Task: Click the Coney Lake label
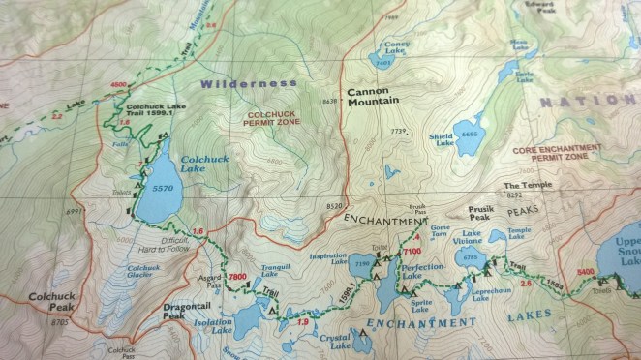(396, 47)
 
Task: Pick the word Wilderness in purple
(249, 84)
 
